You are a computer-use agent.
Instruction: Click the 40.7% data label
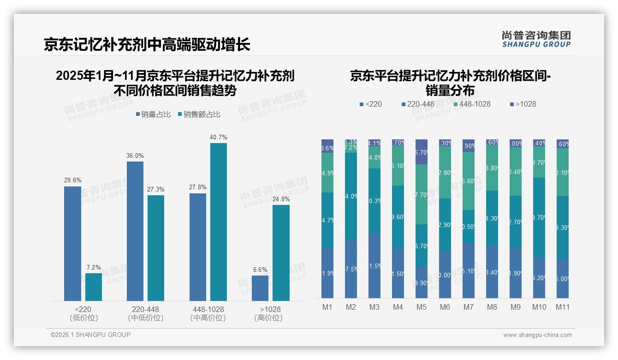pyautogui.click(x=218, y=137)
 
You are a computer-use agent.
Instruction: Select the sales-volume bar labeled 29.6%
pyautogui.click(x=72, y=243)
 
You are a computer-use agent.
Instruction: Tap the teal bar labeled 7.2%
pyautogui.click(x=94, y=287)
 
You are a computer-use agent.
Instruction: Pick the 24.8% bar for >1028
pyautogui.click(x=281, y=252)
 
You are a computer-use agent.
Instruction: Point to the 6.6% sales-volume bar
pyautogui.click(x=260, y=288)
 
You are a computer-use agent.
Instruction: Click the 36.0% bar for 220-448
pyautogui.click(x=135, y=231)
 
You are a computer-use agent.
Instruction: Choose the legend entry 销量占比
pyautogui.click(x=155, y=114)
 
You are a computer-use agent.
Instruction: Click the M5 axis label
pyautogui.click(x=422, y=307)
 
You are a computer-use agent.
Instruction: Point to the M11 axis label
pyautogui.click(x=562, y=307)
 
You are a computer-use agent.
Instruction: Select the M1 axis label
pyautogui.click(x=327, y=307)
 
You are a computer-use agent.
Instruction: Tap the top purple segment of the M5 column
pyautogui.click(x=422, y=151)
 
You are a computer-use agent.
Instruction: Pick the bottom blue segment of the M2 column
pyautogui.click(x=351, y=268)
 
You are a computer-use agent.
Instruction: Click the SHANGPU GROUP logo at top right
pyautogui.click(x=536, y=39)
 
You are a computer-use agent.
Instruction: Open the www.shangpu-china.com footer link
pyautogui.click(x=537, y=335)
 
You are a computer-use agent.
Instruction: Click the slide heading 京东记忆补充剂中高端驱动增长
pyautogui.click(x=147, y=45)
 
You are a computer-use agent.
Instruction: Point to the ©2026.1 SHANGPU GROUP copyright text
pyautogui.click(x=90, y=335)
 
